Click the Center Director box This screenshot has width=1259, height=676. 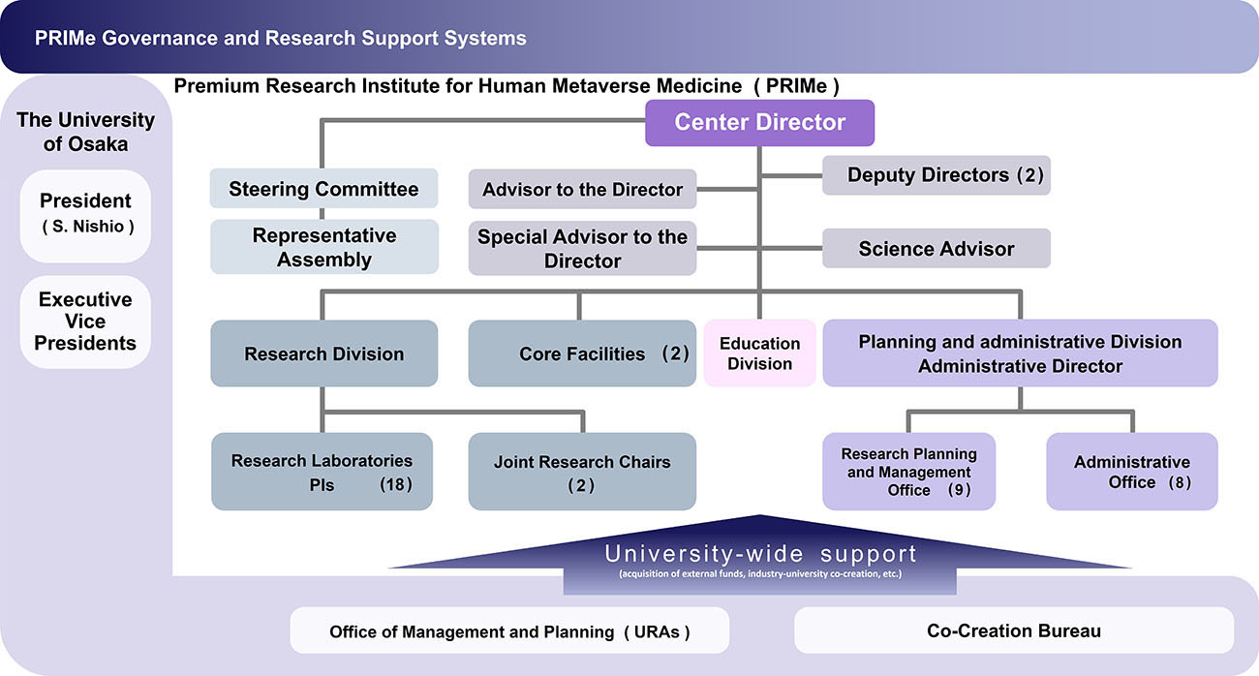click(760, 123)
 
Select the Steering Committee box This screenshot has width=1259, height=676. click(323, 189)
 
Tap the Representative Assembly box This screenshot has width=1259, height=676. click(323, 247)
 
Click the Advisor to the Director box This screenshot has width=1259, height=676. click(582, 190)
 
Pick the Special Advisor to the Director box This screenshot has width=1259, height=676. click(582, 249)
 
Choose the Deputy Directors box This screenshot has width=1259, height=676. click(936, 175)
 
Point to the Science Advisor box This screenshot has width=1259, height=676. click(936, 249)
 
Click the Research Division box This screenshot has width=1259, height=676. click(323, 353)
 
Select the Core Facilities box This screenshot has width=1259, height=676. click(582, 353)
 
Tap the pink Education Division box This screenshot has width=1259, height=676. click(760, 353)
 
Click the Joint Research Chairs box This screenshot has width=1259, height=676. click(582, 472)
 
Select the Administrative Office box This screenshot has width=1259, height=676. click(1131, 472)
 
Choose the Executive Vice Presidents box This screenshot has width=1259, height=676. click(85, 322)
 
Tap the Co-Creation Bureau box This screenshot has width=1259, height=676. click(1013, 630)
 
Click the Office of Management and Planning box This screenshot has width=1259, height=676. click(509, 631)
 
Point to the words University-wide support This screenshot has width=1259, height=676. click(760, 555)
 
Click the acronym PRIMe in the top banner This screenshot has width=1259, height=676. click(63, 39)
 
